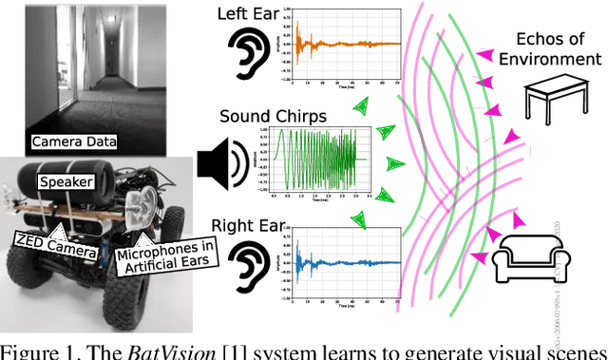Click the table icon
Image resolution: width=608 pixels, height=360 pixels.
click(559, 101)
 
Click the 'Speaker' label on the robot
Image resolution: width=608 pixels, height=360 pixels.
click(65, 180)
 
